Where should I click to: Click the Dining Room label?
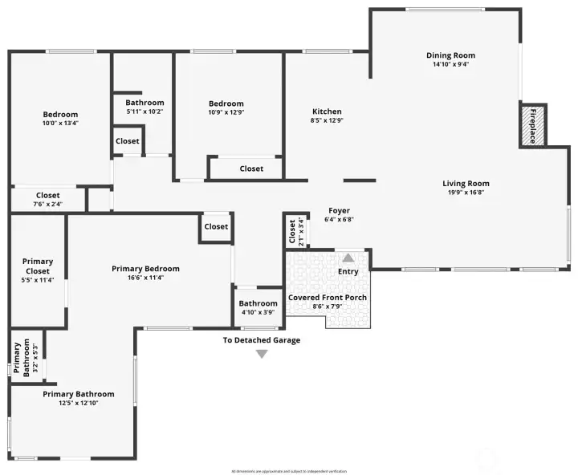click(450, 55)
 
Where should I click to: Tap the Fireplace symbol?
click(531, 125)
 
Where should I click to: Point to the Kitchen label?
click(327, 112)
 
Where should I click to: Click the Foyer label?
click(339, 211)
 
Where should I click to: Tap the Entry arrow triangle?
click(348, 258)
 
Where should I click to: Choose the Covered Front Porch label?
click(328, 298)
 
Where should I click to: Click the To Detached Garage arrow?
click(261, 354)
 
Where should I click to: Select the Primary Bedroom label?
click(145, 269)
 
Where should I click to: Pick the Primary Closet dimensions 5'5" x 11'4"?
click(38, 280)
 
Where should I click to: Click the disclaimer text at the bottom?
click(289, 471)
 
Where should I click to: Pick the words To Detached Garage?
click(262, 340)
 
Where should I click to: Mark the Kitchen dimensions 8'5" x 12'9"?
click(327, 121)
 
